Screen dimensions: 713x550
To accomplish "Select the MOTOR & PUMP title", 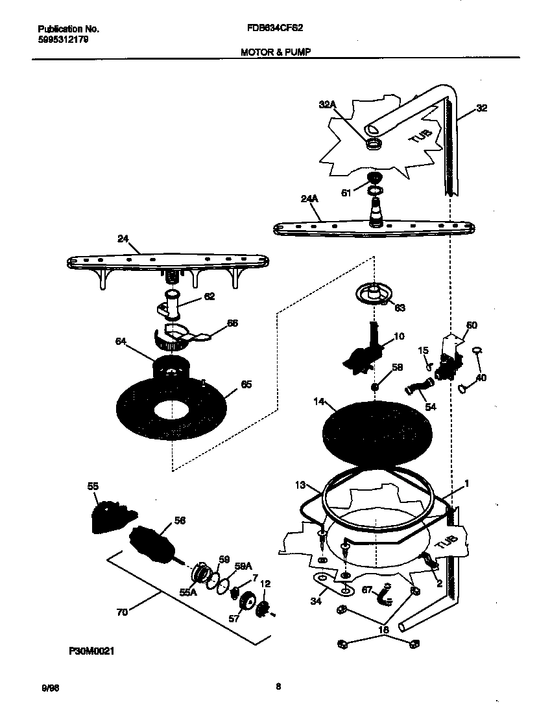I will click(x=272, y=53).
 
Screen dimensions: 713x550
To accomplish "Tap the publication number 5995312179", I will click(x=64, y=40).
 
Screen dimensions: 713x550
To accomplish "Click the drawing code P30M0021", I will click(x=90, y=651).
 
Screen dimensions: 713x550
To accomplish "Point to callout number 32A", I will click(x=328, y=104).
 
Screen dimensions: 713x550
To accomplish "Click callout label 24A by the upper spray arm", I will click(x=311, y=200).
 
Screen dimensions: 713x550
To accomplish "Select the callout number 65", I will click(x=246, y=384).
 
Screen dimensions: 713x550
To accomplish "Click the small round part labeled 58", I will click(x=376, y=387).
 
